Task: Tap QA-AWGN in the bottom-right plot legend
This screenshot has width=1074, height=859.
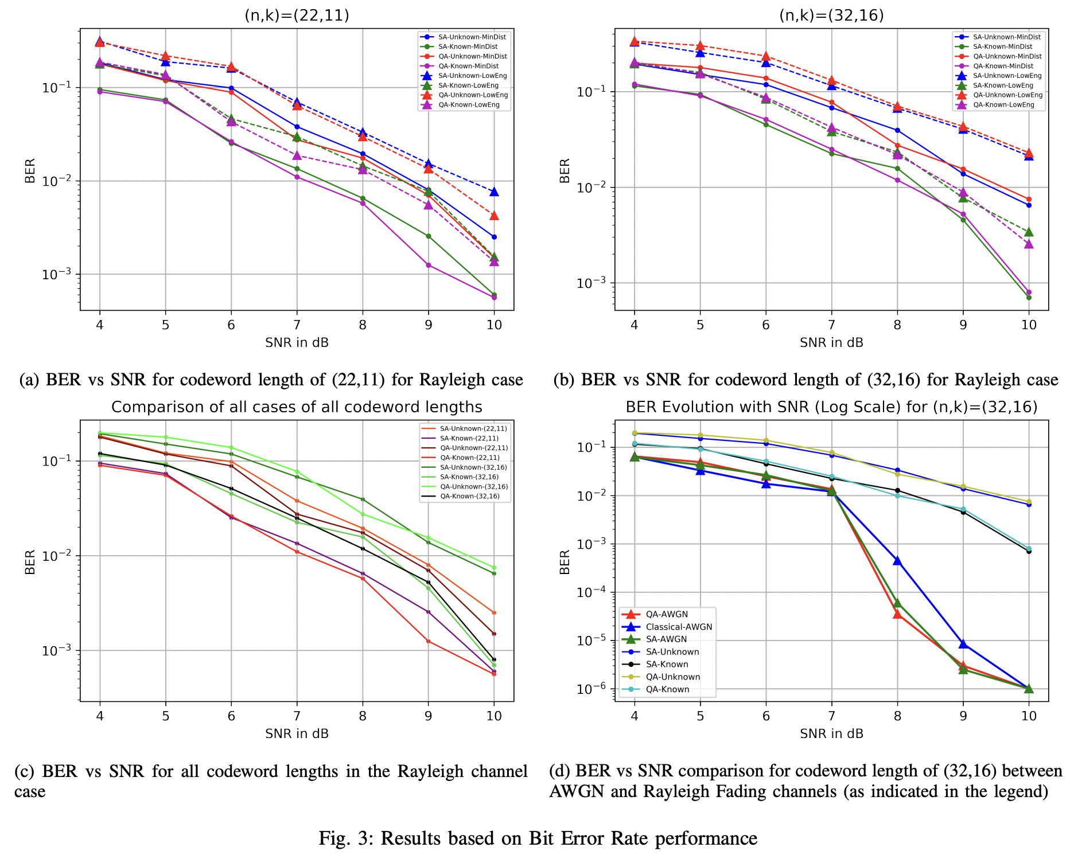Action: click(x=667, y=614)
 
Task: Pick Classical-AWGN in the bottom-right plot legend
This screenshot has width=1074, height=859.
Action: click(x=679, y=627)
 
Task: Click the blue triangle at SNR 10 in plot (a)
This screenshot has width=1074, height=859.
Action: click(x=494, y=192)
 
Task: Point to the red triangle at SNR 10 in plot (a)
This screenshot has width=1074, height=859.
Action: click(x=494, y=216)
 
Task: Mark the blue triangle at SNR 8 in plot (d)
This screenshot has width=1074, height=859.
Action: click(x=897, y=561)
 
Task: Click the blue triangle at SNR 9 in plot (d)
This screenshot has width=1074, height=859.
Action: click(x=963, y=644)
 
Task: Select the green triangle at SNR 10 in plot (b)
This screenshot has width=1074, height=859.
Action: click(x=1029, y=232)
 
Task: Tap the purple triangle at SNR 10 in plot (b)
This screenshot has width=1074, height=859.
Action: click(x=1029, y=244)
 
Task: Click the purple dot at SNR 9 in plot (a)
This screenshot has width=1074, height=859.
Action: click(x=429, y=265)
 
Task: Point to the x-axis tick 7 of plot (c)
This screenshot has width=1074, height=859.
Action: click(x=297, y=716)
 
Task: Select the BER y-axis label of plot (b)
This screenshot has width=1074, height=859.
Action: click(x=565, y=171)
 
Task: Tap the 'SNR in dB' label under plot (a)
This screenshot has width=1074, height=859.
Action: click(x=297, y=343)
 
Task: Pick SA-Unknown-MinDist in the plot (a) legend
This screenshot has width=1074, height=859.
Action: click(x=472, y=37)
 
